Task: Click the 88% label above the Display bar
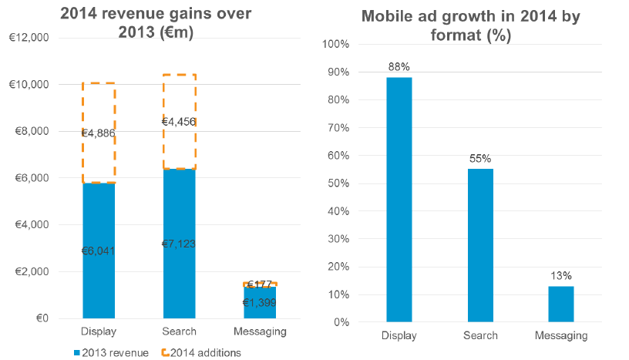point(399,66)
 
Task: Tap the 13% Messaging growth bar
point(560,304)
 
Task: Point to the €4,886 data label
point(99,133)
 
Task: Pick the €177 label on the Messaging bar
point(260,285)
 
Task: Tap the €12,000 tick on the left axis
point(28,38)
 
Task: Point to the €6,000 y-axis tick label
point(30,178)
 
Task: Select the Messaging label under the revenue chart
point(260,331)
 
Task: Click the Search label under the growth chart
point(479,335)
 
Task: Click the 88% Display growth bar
point(399,199)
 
